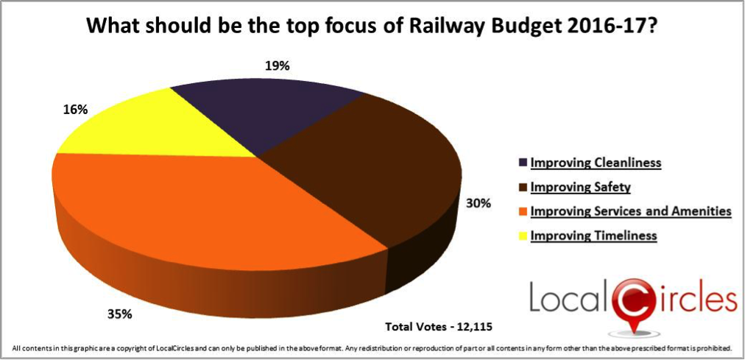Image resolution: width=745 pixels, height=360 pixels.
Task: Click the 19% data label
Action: [276, 66]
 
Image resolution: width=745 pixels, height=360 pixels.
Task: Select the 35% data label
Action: [119, 314]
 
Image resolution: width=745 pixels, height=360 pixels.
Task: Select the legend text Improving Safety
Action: [570, 187]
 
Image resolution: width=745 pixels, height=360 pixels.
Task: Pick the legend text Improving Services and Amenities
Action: [630, 211]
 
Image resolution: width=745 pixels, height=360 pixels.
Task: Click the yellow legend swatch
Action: [523, 236]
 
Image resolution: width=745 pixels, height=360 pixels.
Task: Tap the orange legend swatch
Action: [523, 212]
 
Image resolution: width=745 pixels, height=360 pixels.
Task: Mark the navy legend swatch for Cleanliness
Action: [523, 163]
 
